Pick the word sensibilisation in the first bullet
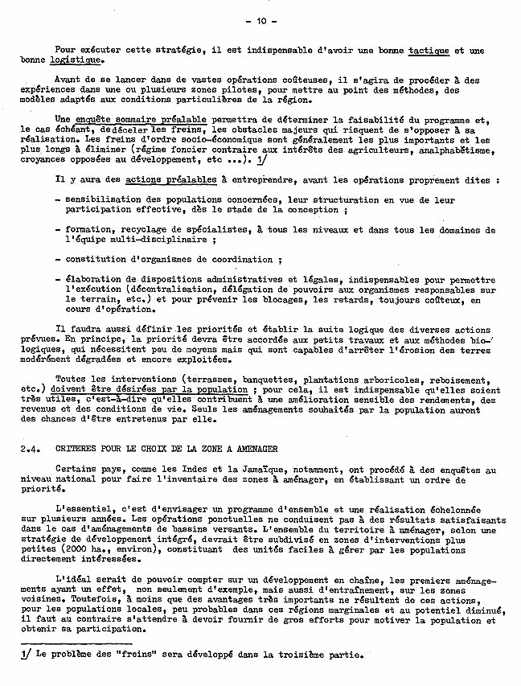(101, 199)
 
